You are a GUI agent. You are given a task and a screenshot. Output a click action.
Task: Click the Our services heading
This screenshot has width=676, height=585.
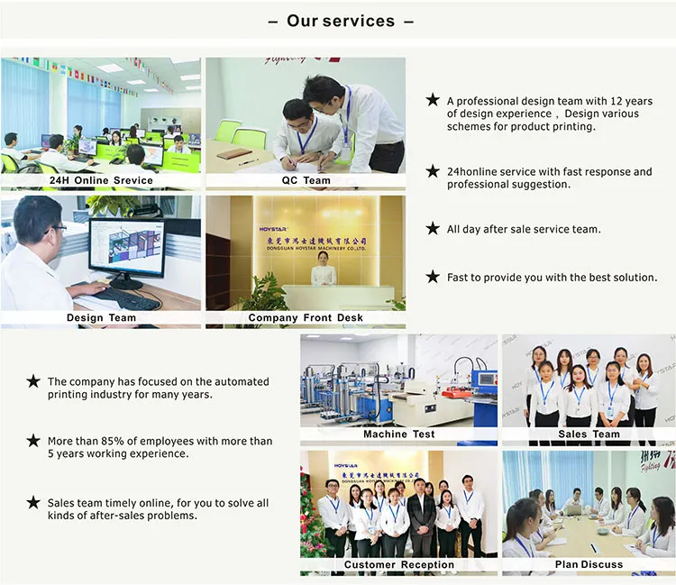coord(340,21)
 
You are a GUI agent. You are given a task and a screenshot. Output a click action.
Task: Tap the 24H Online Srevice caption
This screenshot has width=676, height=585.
coord(101,180)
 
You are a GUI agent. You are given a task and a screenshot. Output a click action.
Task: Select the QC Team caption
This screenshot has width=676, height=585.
coord(305,180)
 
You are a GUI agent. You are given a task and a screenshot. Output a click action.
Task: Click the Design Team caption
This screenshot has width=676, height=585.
coord(101,317)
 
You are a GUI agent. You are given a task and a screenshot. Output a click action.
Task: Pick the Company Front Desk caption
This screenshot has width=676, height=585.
coord(305,317)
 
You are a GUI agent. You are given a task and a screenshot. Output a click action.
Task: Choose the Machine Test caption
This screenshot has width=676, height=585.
coord(398,434)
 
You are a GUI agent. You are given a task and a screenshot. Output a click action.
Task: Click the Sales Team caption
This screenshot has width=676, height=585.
coord(589,434)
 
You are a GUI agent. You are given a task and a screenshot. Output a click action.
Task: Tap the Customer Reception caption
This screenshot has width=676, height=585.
coord(398,564)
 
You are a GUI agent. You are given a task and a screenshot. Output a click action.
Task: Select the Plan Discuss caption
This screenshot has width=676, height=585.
coord(589,564)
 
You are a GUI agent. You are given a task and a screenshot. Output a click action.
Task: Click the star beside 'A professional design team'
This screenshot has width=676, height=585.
coord(433,100)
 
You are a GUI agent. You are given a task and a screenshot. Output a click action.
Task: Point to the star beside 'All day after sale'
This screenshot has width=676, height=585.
coord(433,229)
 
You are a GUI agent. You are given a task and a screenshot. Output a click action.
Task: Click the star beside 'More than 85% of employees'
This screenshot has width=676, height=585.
coord(33,441)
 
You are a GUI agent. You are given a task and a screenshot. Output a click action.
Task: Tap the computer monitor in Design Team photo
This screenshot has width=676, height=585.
coord(125,247)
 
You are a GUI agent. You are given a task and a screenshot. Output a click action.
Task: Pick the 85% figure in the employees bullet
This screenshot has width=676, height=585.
coord(111,442)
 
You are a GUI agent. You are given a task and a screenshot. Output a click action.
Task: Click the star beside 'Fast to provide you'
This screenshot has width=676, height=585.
coord(433,277)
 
